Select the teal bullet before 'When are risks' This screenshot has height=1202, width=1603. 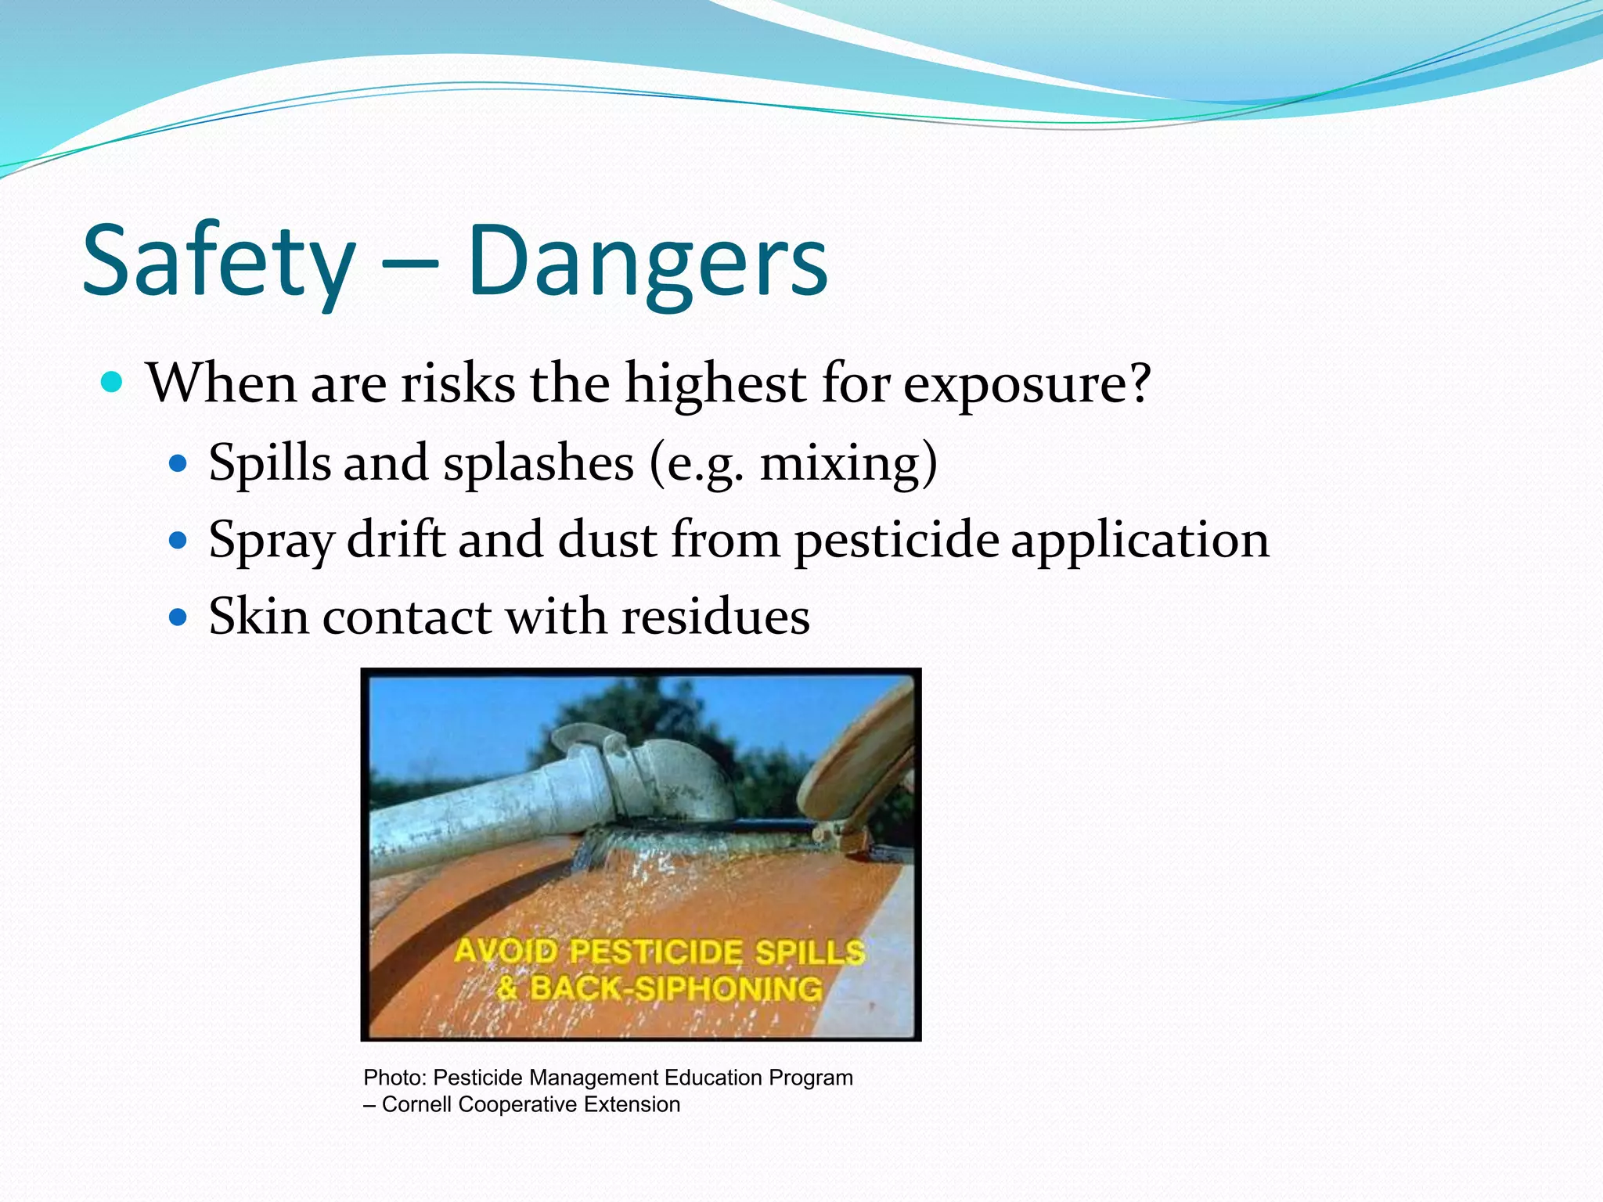[x=113, y=383]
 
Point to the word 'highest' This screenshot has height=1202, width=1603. [x=715, y=384]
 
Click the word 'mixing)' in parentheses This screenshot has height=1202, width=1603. [x=848, y=463]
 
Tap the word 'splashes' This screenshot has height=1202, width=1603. [x=539, y=462]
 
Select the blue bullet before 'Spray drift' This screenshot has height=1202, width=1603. [x=178, y=540]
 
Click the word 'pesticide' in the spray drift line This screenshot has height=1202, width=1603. [x=897, y=541]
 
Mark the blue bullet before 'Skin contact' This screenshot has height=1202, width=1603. [x=178, y=617]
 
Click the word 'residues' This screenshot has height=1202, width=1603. [x=715, y=617]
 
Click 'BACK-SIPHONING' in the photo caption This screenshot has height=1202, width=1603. [x=676, y=988]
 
